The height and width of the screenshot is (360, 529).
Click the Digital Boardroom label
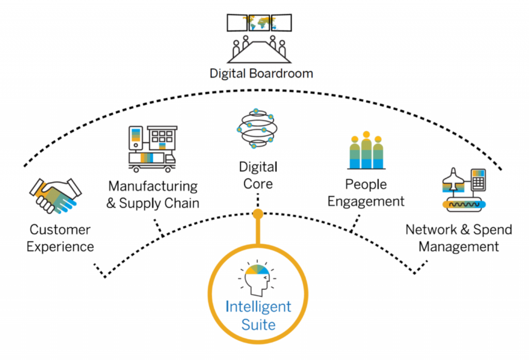pyautogui.click(x=261, y=73)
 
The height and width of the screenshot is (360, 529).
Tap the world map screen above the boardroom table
pyautogui.click(x=259, y=22)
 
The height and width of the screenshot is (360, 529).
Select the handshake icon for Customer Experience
pyautogui.click(x=55, y=195)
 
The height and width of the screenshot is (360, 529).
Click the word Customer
pyautogui.click(x=60, y=229)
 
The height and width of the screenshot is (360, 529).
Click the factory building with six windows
pyautogui.click(x=162, y=138)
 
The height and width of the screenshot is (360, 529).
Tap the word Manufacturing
pyautogui.click(x=152, y=185)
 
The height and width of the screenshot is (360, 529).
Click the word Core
pyautogui.click(x=258, y=183)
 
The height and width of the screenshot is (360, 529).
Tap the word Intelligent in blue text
pyautogui.click(x=258, y=306)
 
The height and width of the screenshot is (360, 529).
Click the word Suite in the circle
pyautogui.click(x=258, y=325)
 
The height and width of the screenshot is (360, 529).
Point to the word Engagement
pyautogui.click(x=366, y=201)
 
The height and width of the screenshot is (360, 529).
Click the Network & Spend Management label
pyautogui.click(x=458, y=238)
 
